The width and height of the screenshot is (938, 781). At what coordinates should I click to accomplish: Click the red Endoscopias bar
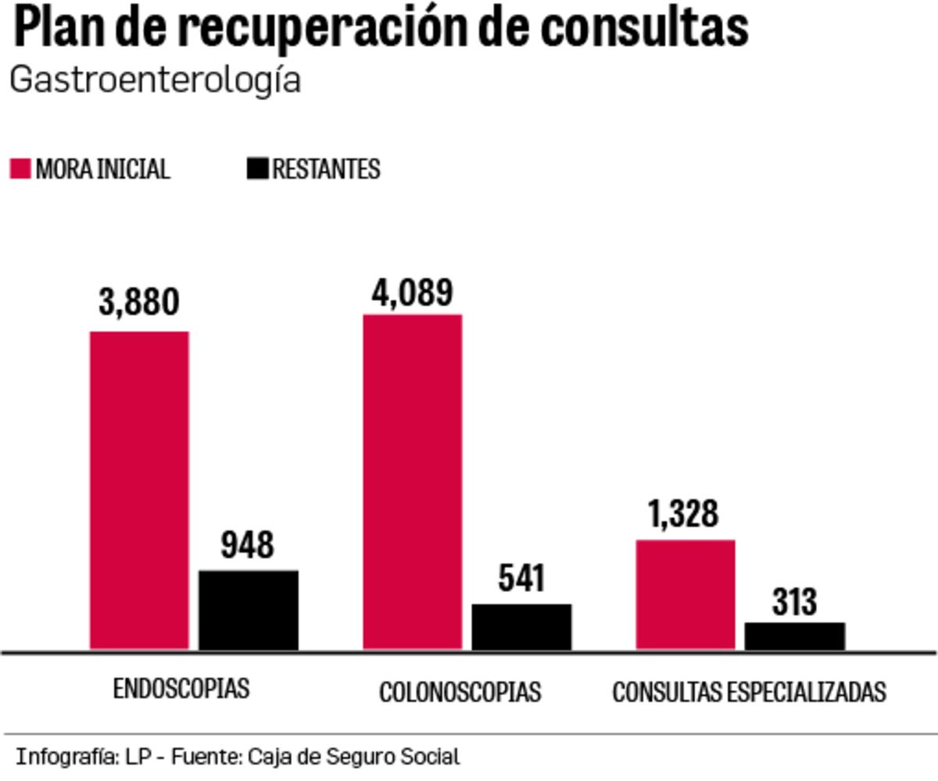point(139,490)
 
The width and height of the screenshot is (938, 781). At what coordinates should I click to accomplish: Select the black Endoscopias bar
point(249,609)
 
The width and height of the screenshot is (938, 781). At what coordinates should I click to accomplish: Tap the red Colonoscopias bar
point(412,481)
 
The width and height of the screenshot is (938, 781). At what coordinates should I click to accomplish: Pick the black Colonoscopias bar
point(521,626)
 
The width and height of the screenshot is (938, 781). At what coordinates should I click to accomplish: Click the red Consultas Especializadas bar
point(686,594)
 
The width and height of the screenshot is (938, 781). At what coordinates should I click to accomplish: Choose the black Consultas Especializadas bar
point(794,636)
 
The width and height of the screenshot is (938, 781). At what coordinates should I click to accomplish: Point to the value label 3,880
point(139,301)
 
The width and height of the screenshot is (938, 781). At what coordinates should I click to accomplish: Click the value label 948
point(247,544)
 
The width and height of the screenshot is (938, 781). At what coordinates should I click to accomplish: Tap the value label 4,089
point(412,291)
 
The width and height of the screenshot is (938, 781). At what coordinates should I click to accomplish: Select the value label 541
point(521,579)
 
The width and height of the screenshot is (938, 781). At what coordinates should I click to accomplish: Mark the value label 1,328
point(683,514)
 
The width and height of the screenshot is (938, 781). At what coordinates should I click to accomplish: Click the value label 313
point(794,601)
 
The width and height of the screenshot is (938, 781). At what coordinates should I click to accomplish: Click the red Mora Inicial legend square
point(20,169)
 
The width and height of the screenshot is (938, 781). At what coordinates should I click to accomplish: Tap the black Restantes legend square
point(257,169)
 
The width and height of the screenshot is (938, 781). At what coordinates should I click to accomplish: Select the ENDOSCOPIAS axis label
point(181,689)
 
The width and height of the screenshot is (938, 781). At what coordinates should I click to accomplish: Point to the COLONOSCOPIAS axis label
point(460,692)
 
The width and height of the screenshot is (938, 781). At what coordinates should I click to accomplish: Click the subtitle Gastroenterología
point(155,80)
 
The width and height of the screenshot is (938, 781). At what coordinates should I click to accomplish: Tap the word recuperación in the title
point(355,28)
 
